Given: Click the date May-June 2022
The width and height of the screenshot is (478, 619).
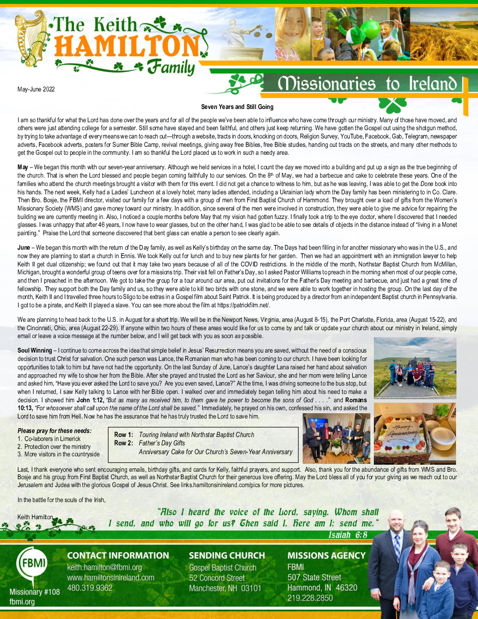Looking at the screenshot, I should point(36,89).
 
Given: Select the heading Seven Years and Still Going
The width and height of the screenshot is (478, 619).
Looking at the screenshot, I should point(237,107).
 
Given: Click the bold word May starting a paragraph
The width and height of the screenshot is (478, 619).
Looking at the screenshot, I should point(23,167).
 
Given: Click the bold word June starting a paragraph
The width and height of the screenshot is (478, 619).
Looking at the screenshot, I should point(24,248).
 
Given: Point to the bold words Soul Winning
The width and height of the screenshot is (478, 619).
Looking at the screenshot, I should point(35,350).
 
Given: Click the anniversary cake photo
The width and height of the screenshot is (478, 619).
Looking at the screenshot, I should point(414,433).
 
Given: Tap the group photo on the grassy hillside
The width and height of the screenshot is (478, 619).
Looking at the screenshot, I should point(415,368).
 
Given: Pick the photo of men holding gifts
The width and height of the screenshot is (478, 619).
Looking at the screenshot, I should point(336,438).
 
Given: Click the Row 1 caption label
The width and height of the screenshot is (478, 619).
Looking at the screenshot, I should point(123,435).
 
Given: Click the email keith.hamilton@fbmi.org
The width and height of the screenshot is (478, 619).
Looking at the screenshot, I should point(105,568).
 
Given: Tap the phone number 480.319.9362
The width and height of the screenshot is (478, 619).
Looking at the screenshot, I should point(90,588).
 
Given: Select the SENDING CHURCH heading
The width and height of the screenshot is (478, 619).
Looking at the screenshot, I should point(227,556).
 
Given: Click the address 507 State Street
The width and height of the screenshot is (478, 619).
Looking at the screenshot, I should point(314,578).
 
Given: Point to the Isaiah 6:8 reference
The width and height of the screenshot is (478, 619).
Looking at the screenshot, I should point(348,535).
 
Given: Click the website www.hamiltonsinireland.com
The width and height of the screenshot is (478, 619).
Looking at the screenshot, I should point(111,578).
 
